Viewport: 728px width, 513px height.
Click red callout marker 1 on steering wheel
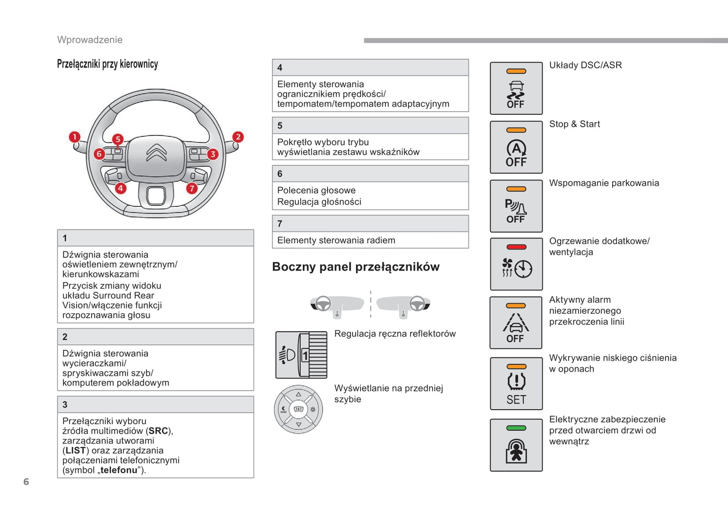coord(75,137)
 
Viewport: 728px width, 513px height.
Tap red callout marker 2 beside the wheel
coord(238,137)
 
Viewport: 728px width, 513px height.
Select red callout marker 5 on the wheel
coord(117,139)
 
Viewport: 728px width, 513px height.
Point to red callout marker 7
coord(192,188)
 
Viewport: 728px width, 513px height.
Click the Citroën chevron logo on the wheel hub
coord(156,153)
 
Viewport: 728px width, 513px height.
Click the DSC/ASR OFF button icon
coord(516,89)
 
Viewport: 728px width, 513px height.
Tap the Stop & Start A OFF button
coord(516,148)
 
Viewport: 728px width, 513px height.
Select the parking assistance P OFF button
coord(516,206)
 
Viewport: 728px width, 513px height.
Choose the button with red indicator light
coord(516,264)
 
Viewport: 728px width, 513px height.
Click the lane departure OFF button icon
coord(516,323)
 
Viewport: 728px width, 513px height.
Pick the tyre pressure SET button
coord(516,384)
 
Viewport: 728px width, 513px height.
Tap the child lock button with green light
coord(516,445)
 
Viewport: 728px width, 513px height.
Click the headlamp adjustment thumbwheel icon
coord(301,355)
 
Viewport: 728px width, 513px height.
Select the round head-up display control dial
coord(298,409)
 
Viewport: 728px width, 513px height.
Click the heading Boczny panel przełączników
coord(356,267)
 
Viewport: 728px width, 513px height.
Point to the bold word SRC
coord(158,431)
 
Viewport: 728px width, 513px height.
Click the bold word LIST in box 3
coord(76,451)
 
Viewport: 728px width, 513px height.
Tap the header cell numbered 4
coord(370,67)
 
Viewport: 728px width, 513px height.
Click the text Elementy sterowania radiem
coord(336,241)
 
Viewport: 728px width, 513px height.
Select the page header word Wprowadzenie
coord(90,40)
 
